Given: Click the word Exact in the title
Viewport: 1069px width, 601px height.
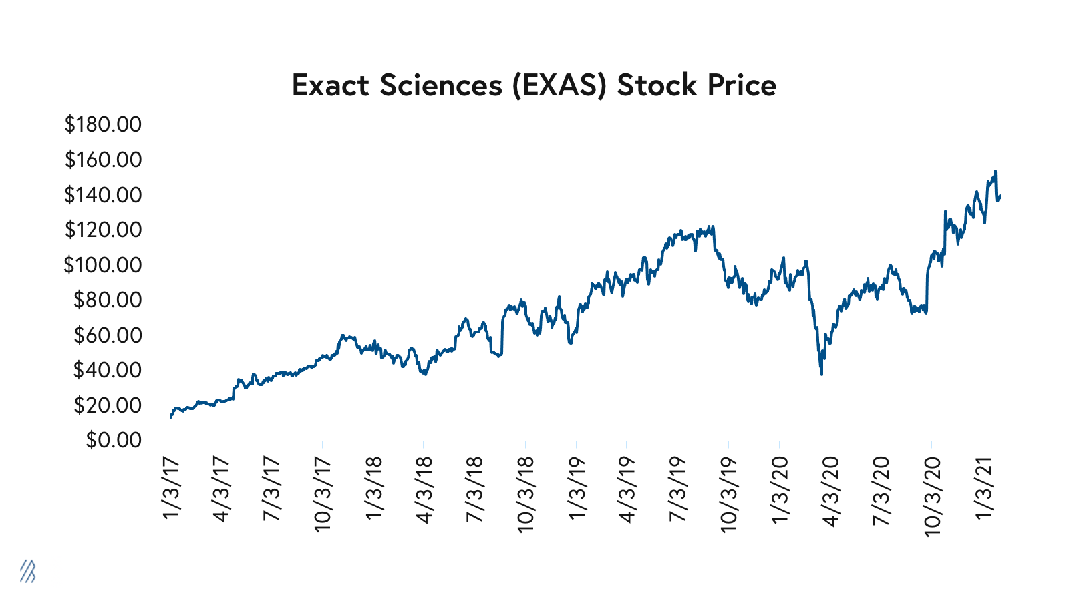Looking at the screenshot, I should (x=331, y=85).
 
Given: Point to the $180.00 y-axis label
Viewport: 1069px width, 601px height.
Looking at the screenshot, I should (x=103, y=124).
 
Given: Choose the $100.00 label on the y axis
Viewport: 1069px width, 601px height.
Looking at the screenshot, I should (x=103, y=265).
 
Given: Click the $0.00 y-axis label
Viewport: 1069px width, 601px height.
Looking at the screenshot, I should (x=114, y=440).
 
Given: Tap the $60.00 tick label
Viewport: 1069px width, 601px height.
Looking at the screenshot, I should (x=108, y=335).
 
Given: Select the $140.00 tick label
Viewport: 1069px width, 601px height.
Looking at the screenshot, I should (x=103, y=195).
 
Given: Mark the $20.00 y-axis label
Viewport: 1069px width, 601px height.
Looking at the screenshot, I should (x=108, y=405).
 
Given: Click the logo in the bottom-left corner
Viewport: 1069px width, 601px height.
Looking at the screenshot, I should (x=27, y=571).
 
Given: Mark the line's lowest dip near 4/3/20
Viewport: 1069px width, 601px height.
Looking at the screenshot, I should (x=821, y=374).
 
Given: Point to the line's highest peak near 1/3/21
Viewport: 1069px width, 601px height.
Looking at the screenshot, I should (x=996, y=171).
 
